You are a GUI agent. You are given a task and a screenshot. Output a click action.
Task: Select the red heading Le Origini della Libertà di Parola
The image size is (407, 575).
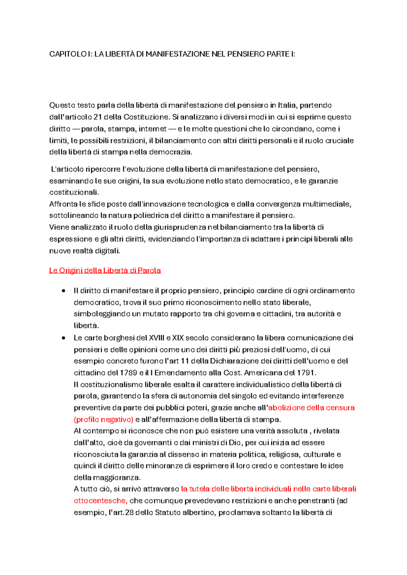105,271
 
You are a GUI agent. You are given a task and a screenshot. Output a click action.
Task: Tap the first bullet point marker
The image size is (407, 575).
63,291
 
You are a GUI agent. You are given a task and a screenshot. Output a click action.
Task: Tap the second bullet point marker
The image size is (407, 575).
63,338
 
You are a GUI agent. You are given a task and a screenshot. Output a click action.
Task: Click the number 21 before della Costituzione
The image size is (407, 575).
98,117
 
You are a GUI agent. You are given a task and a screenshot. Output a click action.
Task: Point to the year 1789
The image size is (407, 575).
129,373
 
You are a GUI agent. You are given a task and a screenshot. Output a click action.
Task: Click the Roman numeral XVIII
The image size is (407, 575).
156,338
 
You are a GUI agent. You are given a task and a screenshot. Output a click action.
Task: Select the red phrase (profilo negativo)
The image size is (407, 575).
103,420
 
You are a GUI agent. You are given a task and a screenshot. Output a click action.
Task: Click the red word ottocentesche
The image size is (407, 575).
100,501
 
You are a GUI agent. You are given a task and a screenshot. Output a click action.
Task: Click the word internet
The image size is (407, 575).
153,129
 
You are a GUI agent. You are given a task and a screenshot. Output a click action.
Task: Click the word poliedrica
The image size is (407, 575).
151,216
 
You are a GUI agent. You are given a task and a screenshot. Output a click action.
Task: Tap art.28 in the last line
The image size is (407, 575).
123,513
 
